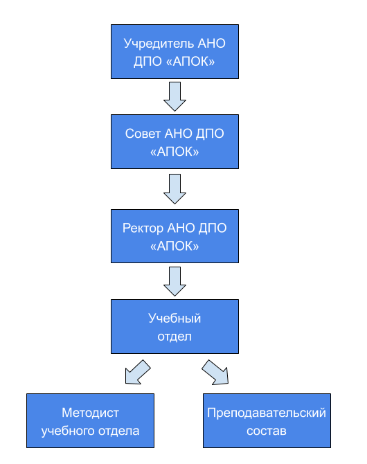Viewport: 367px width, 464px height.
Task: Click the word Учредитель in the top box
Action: click(159, 44)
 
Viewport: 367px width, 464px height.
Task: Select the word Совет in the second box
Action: click(143, 134)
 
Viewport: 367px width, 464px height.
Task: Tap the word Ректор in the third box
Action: click(143, 228)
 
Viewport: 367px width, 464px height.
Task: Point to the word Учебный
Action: click(174, 319)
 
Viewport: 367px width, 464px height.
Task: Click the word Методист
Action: click(90, 413)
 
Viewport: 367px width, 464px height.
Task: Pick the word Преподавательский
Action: click(267, 413)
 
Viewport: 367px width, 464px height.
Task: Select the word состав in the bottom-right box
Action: click(267, 431)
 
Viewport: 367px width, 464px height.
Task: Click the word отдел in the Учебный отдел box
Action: click(174, 337)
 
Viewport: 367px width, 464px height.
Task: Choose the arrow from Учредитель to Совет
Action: click(174, 96)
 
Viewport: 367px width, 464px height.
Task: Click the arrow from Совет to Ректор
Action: click(174, 189)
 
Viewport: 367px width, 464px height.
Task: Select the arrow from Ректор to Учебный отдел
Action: click(174, 281)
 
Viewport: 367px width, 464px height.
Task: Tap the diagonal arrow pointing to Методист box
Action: click(137, 373)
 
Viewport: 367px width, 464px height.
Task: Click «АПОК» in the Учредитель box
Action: click(190, 62)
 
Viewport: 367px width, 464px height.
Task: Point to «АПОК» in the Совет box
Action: click(174, 152)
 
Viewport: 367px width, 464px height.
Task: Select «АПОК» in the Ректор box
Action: click(174, 247)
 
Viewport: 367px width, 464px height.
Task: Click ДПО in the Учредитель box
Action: click(148, 62)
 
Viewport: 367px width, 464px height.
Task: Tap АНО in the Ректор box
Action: click(181, 228)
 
